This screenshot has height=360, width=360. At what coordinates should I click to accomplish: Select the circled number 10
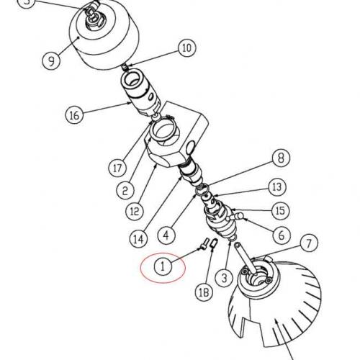click(x=186, y=49)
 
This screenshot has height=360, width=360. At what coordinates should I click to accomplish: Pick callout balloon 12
click(x=135, y=212)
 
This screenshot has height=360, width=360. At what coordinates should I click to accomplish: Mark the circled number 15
click(x=279, y=210)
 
